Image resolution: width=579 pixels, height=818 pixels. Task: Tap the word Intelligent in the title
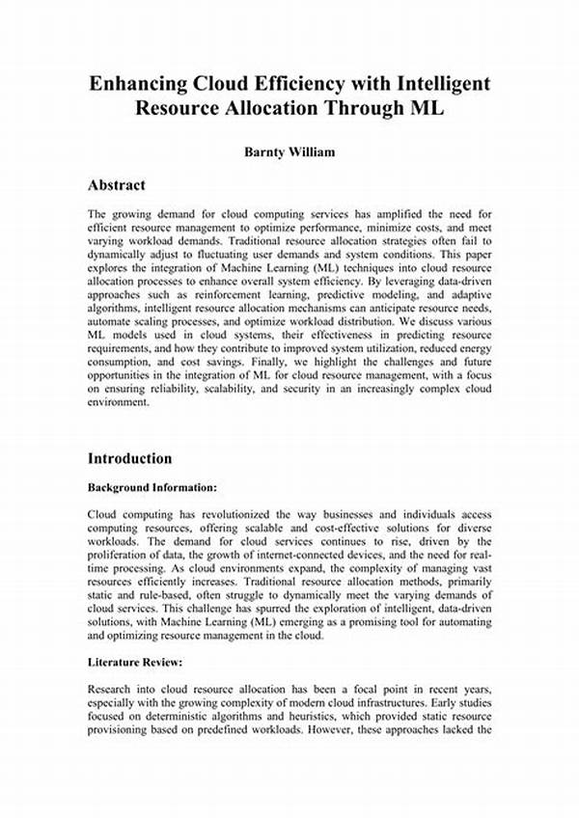(439, 84)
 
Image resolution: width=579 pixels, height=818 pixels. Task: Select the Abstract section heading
(116, 184)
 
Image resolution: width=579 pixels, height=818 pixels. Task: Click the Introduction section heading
(130, 458)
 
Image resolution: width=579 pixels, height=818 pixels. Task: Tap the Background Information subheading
(152, 488)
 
